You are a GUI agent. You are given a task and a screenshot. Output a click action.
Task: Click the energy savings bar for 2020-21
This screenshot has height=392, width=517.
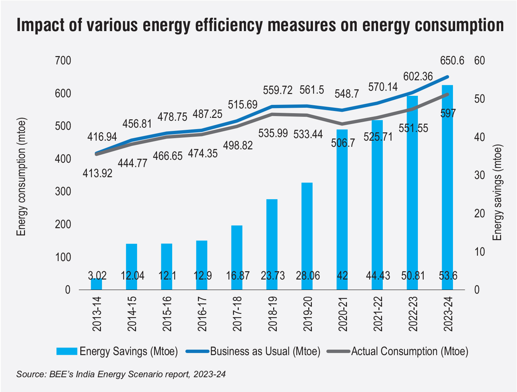(x=342, y=210)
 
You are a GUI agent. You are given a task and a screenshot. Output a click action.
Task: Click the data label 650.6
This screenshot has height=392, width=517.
(x=452, y=61)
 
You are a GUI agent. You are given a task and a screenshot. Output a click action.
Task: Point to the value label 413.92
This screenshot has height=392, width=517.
(x=97, y=173)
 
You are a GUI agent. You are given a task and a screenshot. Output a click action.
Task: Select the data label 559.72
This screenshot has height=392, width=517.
(x=278, y=90)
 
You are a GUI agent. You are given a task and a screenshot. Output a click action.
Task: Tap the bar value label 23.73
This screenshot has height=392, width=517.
(x=272, y=276)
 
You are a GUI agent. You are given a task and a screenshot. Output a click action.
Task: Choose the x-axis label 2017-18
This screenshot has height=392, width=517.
(x=237, y=314)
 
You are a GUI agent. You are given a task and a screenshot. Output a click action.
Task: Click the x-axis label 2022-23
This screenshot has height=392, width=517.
(x=413, y=314)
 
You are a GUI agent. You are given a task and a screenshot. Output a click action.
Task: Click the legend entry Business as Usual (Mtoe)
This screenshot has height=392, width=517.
(x=265, y=351)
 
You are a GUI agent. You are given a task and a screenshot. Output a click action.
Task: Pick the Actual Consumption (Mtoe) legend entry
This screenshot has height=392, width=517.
(x=410, y=351)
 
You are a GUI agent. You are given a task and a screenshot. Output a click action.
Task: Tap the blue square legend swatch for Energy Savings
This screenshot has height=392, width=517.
(x=67, y=351)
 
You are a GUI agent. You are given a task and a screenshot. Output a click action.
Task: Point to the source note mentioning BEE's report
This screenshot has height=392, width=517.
(x=121, y=374)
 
